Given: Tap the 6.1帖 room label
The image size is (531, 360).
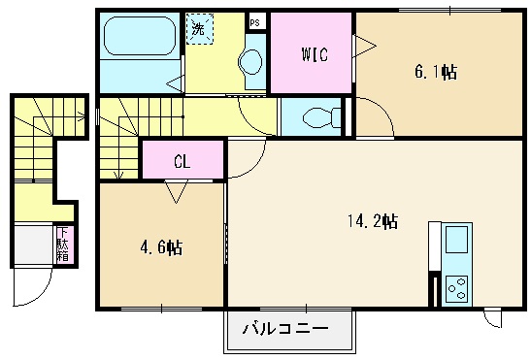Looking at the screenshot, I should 436,71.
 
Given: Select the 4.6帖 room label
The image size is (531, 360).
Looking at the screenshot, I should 160,247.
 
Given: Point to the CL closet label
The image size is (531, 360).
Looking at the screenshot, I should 182,161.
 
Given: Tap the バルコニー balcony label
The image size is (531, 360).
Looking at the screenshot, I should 283,329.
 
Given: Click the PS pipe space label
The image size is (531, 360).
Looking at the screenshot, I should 255,21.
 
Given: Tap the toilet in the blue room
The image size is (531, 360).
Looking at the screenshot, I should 321,117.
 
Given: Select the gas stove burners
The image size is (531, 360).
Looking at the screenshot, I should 455,288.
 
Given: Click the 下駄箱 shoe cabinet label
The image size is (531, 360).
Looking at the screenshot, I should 62,245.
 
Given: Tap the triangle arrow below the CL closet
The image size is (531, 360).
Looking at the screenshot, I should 176,192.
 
